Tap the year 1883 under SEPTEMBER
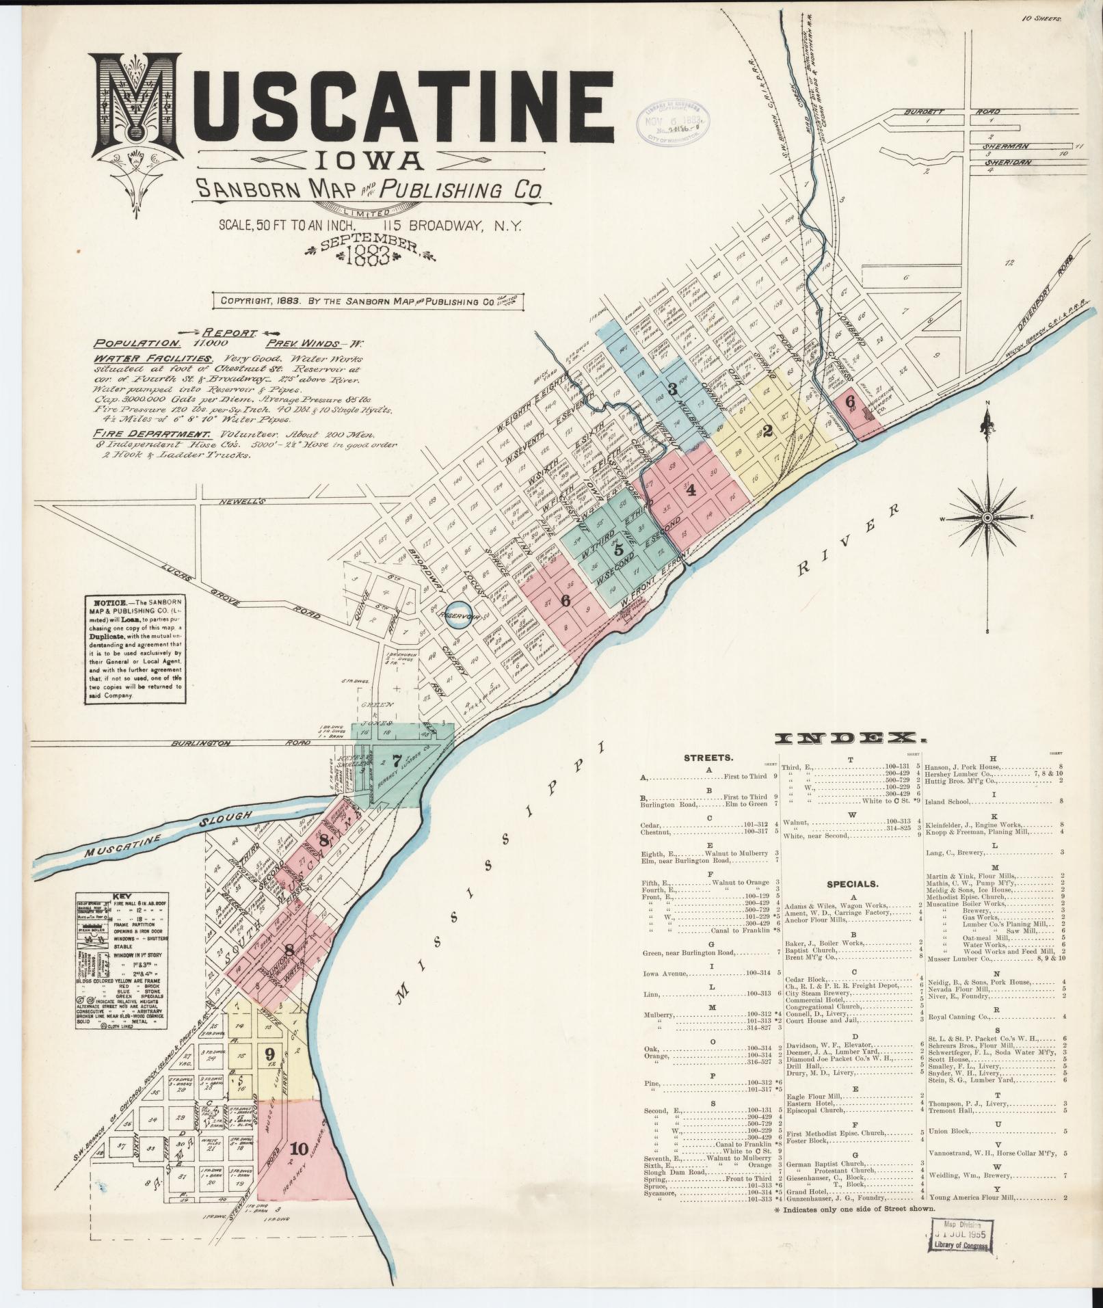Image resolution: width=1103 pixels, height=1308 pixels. [369, 256]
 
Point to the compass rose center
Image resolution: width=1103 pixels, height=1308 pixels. [986, 519]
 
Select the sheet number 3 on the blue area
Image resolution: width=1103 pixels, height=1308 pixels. [672, 390]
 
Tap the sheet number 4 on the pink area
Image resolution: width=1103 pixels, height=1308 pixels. [691, 490]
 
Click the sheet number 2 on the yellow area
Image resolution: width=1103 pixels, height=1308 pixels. [767, 431]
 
